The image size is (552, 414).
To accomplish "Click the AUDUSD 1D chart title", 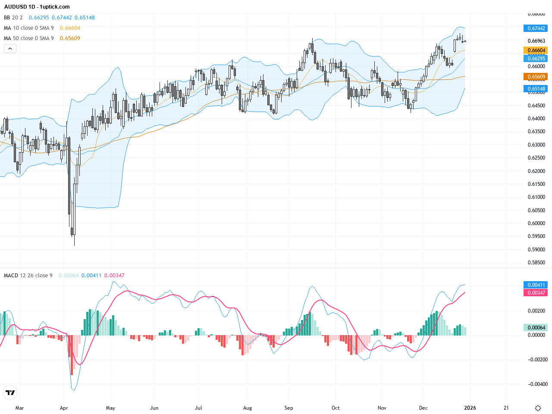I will [x=37, y=7].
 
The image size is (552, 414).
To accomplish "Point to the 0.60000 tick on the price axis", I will [x=536, y=223].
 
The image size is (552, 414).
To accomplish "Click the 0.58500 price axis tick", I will [x=536, y=263].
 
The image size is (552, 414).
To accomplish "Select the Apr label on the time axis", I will [x=64, y=408].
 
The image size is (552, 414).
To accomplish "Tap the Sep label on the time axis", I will [x=289, y=408].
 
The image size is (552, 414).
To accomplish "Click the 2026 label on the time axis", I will [x=470, y=408].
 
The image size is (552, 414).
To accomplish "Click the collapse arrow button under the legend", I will [x=10, y=49].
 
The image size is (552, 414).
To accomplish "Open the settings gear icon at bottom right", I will [x=538, y=408].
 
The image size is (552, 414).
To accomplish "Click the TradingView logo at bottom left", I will [x=10, y=392].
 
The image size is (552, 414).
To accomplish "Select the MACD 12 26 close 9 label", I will [x=28, y=276].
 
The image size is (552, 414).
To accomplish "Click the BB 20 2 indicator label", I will [x=13, y=18].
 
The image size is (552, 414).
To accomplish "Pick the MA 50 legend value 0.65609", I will [x=70, y=38].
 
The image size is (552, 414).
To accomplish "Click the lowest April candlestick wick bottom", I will [x=74, y=245].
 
